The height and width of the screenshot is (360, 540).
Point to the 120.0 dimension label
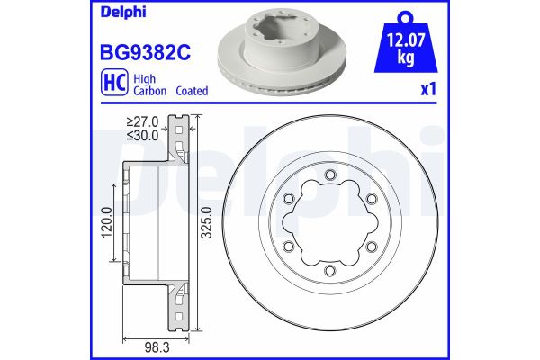(x=106, y=220)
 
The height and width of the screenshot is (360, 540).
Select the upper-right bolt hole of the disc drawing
(x=371, y=200)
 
